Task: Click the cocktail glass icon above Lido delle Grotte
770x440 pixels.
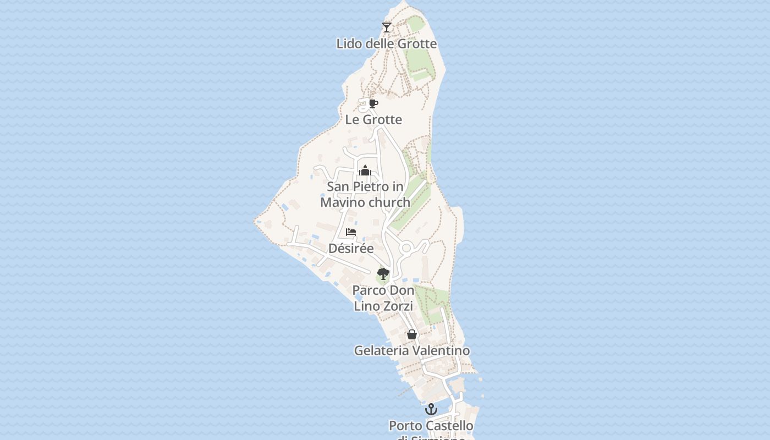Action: point(387,27)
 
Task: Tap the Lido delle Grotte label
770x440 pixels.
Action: point(387,44)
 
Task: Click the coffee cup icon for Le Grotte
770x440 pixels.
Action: point(373,103)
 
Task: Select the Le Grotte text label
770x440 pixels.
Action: point(373,120)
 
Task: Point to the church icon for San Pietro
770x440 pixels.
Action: point(365,170)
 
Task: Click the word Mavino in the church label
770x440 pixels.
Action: point(343,202)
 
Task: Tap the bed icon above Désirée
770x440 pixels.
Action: point(351,232)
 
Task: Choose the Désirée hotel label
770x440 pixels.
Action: point(351,249)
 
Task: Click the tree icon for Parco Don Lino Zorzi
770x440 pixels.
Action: point(383,273)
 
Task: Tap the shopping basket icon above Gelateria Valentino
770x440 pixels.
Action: point(411,334)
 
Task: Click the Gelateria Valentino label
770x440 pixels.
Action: point(411,351)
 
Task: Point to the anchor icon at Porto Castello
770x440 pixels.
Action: point(431,409)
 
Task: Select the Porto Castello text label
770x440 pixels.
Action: point(431,426)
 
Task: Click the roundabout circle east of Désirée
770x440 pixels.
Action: point(406,249)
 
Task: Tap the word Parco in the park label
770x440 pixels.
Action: point(368,290)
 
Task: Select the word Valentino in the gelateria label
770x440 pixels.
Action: point(441,351)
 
